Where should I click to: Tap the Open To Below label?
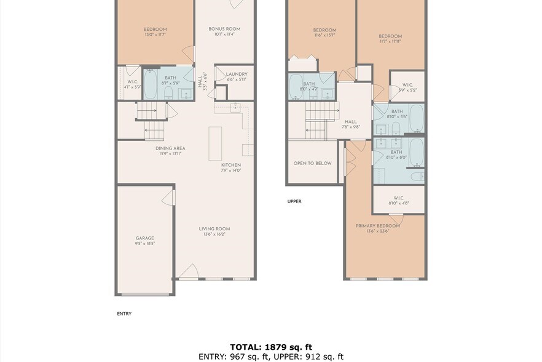312,163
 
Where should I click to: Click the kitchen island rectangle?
215,143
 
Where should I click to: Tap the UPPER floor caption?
294,201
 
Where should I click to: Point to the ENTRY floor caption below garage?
124,313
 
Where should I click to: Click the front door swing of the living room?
189,271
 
